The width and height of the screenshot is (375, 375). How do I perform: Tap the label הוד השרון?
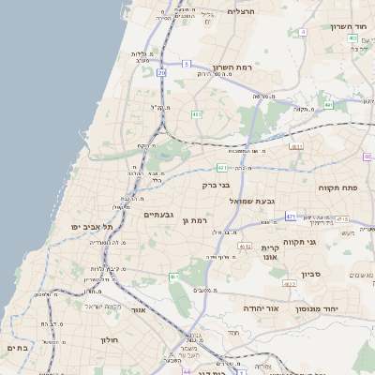[x=349, y=25]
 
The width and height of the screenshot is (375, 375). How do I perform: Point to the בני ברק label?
[x=216, y=185]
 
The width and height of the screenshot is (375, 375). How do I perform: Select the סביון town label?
[x=311, y=276]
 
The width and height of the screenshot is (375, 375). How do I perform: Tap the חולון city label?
[x=110, y=340]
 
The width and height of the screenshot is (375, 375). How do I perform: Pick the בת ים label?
[x=18, y=347]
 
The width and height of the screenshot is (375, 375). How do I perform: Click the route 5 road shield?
[x=187, y=64]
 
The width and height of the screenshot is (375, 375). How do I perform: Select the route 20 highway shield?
[x=161, y=72]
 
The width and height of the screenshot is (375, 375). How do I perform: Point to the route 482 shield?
[x=197, y=114]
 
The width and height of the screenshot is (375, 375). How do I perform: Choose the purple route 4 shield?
[x=304, y=32]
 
